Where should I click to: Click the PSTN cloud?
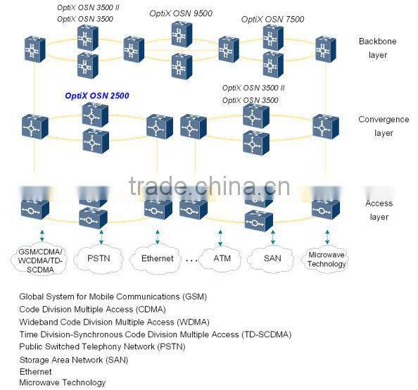click(x=98, y=258)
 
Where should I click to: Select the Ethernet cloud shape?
click(x=157, y=258)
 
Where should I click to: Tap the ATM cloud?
click(x=222, y=258)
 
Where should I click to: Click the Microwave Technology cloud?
click(x=327, y=259)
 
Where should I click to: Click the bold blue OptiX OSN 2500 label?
click(x=97, y=96)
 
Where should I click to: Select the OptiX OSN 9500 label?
click(x=181, y=13)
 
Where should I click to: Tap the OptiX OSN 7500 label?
click(x=272, y=19)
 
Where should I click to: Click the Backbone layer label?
click(x=377, y=48)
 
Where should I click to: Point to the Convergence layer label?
click(x=384, y=126)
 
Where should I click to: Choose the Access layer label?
click(x=379, y=210)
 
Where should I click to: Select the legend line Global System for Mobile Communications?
click(x=113, y=296)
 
